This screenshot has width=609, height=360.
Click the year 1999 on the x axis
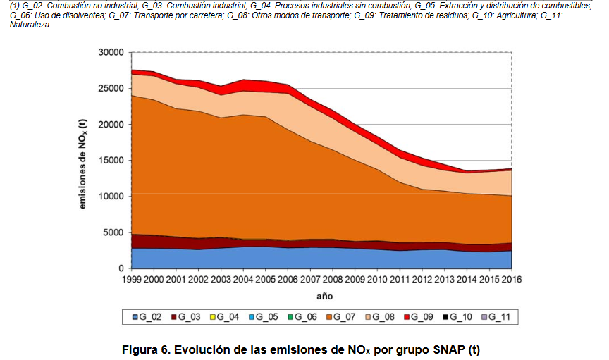[x=132, y=281]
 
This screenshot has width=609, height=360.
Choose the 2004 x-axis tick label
[x=243, y=281]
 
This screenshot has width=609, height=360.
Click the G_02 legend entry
[x=152, y=317]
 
